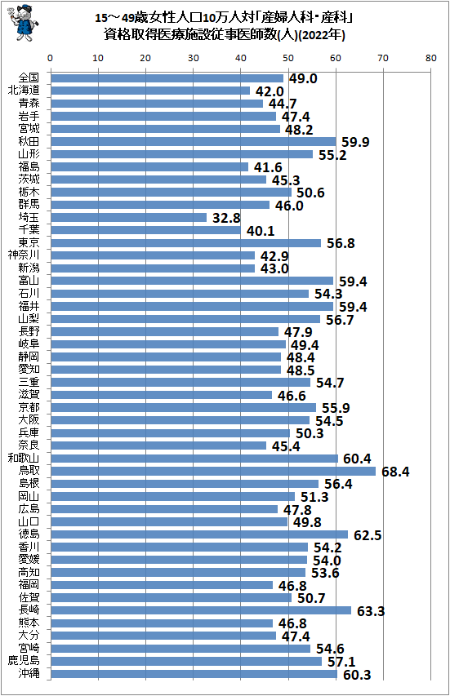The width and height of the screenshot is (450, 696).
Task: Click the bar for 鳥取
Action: (x=212, y=471)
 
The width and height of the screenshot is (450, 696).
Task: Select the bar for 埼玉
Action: (x=128, y=217)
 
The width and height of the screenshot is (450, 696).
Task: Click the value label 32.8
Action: (x=224, y=218)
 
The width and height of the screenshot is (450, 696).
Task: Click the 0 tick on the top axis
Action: (x=51, y=59)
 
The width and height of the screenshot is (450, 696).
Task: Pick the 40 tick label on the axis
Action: (x=241, y=59)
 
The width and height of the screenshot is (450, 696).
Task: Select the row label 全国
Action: (x=29, y=78)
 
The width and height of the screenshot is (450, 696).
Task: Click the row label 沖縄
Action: (x=29, y=674)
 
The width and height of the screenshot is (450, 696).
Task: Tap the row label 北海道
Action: (x=25, y=91)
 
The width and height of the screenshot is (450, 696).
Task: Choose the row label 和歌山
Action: (x=25, y=459)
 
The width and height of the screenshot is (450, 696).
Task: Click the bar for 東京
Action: (x=185, y=242)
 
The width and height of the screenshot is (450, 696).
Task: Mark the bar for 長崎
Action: (x=201, y=610)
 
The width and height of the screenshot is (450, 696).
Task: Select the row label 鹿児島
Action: (x=25, y=661)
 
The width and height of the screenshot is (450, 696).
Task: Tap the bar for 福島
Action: (x=149, y=166)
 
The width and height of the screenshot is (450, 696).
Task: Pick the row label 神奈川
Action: (x=25, y=255)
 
